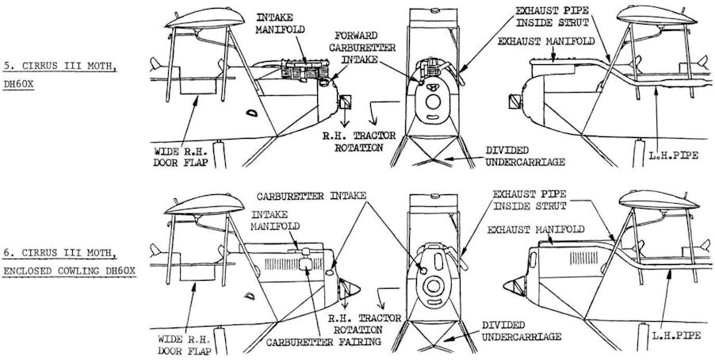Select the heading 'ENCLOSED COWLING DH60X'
[70, 271]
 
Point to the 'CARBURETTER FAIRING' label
[323, 342]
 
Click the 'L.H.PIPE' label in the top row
[674, 155]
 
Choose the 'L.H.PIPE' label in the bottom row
[676, 335]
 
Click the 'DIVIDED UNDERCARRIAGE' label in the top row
[525, 156]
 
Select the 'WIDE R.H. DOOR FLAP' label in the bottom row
[185, 345]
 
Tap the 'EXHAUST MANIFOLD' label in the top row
[546, 41]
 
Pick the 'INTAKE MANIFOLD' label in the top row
[280, 24]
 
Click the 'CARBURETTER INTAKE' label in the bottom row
[312, 196]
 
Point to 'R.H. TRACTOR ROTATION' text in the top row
[359, 141]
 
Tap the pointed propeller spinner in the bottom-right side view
[514, 286]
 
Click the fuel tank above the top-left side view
[205, 18]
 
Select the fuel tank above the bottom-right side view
[659, 200]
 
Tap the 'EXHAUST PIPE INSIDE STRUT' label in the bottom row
[530, 201]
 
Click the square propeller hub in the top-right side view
[514, 101]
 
